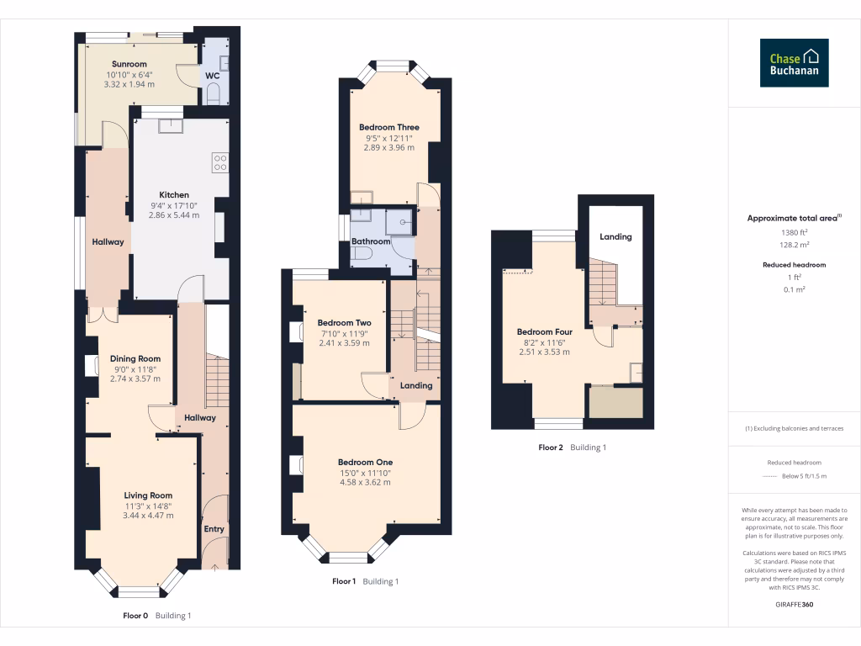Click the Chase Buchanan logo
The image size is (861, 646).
click(794, 63)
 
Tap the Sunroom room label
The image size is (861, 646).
click(129, 64)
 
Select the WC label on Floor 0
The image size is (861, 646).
click(213, 76)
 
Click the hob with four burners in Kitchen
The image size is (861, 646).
click(221, 161)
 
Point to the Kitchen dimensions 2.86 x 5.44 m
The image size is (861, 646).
click(175, 215)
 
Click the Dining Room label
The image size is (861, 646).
click(135, 358)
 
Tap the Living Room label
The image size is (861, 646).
click(148, 495)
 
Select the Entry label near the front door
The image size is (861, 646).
click(214, 529)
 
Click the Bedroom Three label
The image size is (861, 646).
click(388, 127)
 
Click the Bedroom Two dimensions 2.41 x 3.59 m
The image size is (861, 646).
click(344, 342)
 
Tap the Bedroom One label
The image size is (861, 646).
click(365, 462)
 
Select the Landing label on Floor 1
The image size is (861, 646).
click(416, 385)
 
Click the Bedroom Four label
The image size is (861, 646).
click(544, 331)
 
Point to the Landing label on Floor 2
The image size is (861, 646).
click(615, 237)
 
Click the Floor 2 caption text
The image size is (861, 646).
click(551, 447)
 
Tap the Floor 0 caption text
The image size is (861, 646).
click(135, 616)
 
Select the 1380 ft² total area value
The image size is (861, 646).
click(794, 233)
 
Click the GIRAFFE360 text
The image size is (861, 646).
click(794, 605)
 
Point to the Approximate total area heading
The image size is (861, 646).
click(794, 218)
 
